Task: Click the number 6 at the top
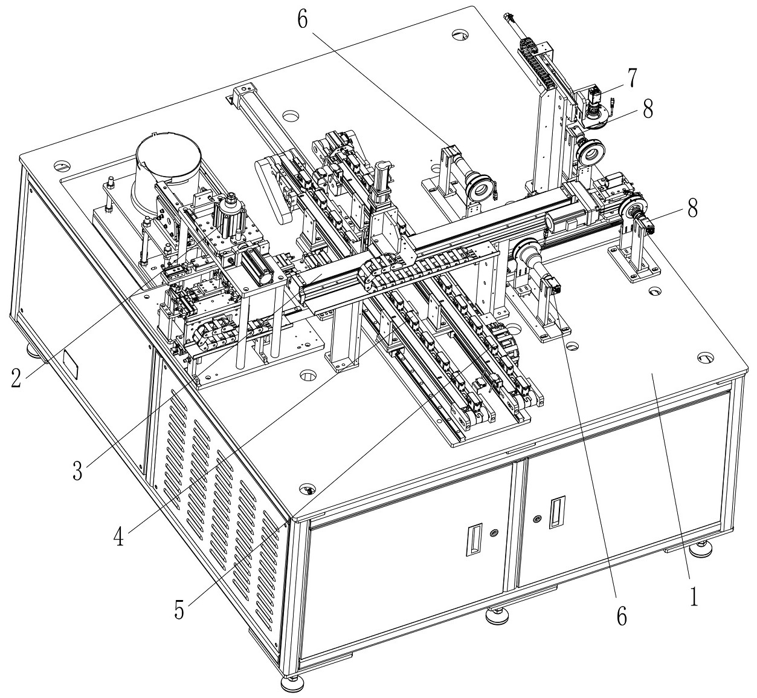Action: [303, 19]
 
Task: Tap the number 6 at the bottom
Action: [622, 615]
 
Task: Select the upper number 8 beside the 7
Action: [647, 110]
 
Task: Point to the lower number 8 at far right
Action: [692, 209]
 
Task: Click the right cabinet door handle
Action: [556, 512]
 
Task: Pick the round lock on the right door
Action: [537, 518]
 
